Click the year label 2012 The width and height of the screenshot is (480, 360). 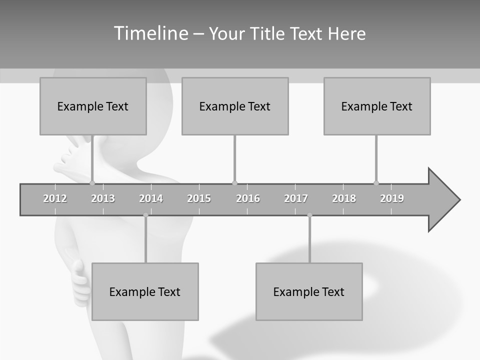(55, 198)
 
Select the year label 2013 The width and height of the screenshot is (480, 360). (103, 198)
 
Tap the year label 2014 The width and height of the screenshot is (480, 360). (151, 198)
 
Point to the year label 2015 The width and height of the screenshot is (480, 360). (199, 198)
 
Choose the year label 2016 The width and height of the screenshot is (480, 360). (248, 198)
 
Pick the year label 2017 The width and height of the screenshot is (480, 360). (296, 198)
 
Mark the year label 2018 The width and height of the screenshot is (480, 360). (344, 198)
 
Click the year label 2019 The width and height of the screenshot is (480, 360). (392, 198)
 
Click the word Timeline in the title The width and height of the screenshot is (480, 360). (149, 33)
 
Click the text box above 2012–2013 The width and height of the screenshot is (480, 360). (93, 106)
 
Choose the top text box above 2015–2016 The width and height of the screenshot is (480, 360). (235, 106)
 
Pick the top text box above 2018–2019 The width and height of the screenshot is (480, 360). (377, 106)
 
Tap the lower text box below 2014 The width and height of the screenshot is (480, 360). (145, 291)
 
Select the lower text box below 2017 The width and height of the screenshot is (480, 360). (309, 291)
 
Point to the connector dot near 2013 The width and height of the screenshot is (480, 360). (92, 183)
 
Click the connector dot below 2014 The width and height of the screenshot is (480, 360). (145, 215)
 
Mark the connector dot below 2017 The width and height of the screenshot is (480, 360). (309, 215)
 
